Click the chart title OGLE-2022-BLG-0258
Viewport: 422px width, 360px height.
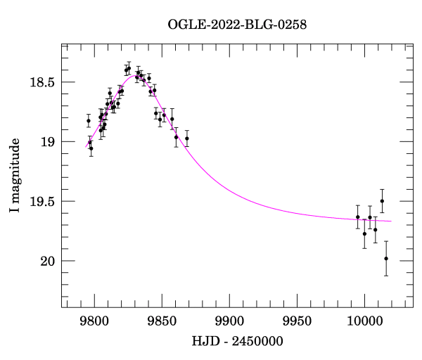click(x=237, y=25)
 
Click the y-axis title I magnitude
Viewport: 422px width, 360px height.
click(x=15, y=174)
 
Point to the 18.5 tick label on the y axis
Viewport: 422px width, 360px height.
click(x=43, y=82)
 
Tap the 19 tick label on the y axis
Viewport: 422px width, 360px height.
click(x=49, y=142)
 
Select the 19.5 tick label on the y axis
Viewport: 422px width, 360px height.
click(x=43, y=202)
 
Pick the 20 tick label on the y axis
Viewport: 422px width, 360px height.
click(x=49, y=262)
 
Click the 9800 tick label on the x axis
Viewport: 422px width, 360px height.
click(x=94, y=321)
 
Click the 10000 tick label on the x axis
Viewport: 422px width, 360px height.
click(x=364, y=321)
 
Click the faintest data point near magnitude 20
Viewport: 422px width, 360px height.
click(x=386, y=259)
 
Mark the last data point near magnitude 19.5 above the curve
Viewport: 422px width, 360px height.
click(x=382, y=201)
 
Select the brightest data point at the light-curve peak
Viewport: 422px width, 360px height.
click(x=129, y=67)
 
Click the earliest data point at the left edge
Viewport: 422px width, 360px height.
click(x=89, y=121)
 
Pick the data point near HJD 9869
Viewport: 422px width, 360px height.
click(x=187, y=138)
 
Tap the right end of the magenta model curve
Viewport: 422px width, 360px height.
click(x=392, y=221)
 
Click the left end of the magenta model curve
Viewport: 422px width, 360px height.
click(x=86, y=148)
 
